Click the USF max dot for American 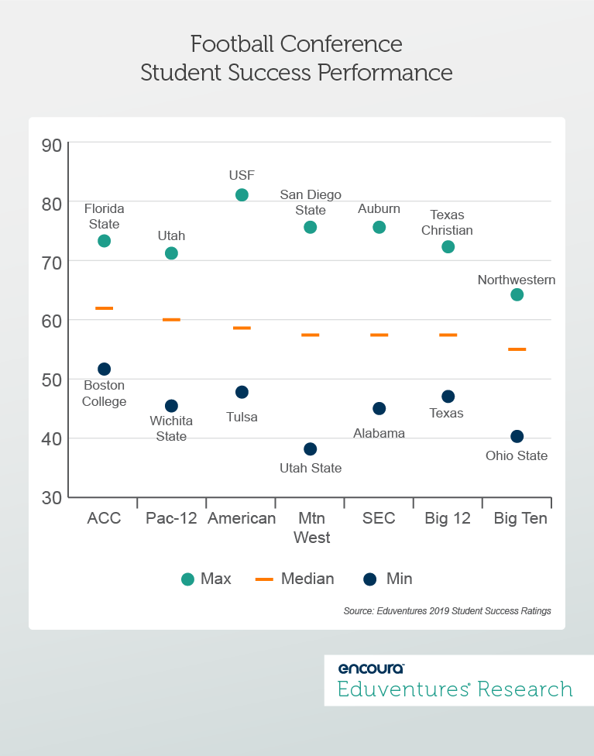242,195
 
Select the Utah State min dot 311,449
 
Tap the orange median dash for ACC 104,308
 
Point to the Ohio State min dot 517,437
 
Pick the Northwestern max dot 517,294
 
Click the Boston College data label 104,393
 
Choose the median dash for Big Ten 517,349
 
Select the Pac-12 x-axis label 171,519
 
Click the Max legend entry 206,579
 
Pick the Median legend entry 295,579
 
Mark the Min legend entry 388,579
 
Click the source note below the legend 447,611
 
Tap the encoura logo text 371,668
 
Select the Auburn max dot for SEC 379,227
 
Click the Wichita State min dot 171,406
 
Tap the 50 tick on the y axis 51,380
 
